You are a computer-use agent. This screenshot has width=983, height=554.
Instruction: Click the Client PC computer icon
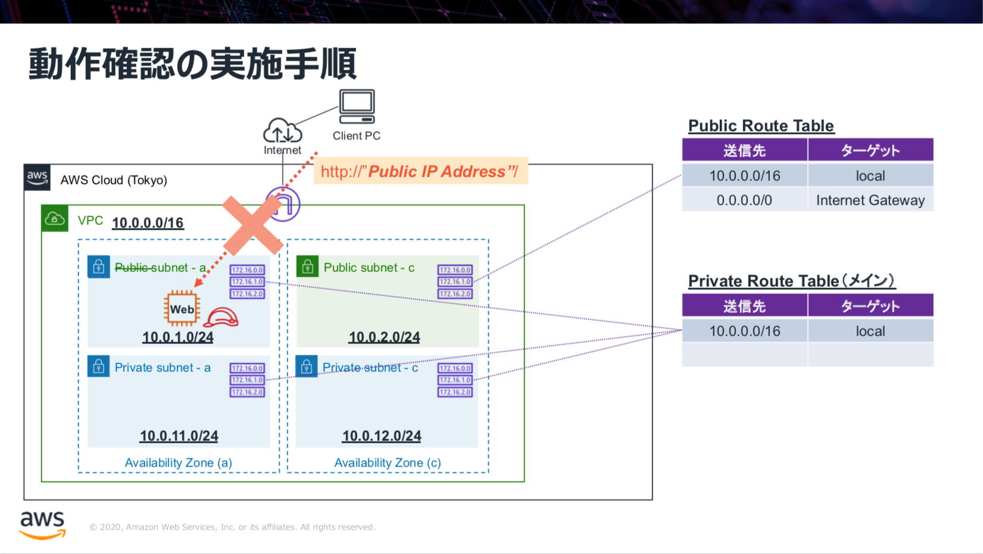point(357,107)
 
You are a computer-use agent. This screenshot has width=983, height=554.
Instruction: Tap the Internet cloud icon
point(282,130)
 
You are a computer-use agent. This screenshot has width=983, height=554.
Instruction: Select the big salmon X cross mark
point(252,226)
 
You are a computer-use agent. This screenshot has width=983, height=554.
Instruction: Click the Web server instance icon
point(182,309)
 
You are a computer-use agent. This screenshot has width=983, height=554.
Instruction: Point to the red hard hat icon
point(221,318)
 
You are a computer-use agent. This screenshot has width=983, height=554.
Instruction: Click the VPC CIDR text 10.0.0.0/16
point(148,223)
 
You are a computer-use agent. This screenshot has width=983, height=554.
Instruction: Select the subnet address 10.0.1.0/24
point(177,337)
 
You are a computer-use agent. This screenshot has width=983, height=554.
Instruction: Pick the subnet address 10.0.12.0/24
point(381,436)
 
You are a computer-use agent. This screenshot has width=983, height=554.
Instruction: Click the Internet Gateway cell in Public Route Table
point(870,201)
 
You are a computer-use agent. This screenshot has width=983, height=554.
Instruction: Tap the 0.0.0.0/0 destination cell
point(744,201)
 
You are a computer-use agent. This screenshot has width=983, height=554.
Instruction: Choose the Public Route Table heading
point(761,126)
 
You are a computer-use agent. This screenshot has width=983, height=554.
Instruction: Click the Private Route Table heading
point(791,281)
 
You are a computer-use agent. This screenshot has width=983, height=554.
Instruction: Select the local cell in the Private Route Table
point(870,331)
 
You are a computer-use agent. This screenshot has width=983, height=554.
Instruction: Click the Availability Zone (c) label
point(388,463)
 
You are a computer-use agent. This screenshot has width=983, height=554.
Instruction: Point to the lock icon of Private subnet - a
point(99,366)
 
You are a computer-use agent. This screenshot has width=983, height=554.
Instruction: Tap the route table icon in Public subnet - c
point(455,281)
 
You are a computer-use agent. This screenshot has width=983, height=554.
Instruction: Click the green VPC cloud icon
point(55,219)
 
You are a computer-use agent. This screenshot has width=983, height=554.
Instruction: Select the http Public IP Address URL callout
point(420,172)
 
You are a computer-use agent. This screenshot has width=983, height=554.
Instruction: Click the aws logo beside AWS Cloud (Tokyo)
point(37,177)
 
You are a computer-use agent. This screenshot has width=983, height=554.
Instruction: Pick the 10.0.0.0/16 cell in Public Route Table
point(744,176)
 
